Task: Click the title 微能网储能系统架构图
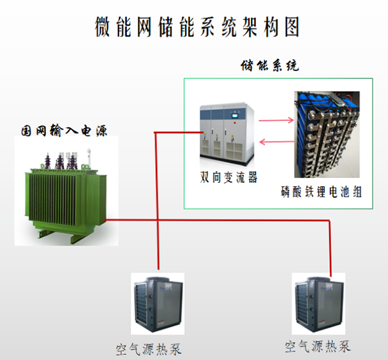pos(197,27)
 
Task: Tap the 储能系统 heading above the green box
pos(270,66)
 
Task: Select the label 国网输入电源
pos(64,131)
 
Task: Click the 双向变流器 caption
pos(228,177)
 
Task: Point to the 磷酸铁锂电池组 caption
pos(321,191)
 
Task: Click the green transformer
pos(65,195)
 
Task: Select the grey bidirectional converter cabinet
pos(227,133)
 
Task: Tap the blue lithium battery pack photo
pos(327,134)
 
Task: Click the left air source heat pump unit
pos(158,304)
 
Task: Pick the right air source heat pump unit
pos(319,304)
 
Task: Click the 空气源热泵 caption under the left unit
pos(149,349)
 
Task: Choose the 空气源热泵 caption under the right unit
pos(318,346)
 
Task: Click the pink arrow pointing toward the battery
pos(276,120)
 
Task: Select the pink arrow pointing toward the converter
pos(276,142)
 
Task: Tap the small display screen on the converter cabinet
pos(234,116)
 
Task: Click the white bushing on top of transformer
pos(89,158)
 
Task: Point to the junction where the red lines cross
pos(157,220)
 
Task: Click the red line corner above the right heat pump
pos(329,220)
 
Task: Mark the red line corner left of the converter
pos(155,132)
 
